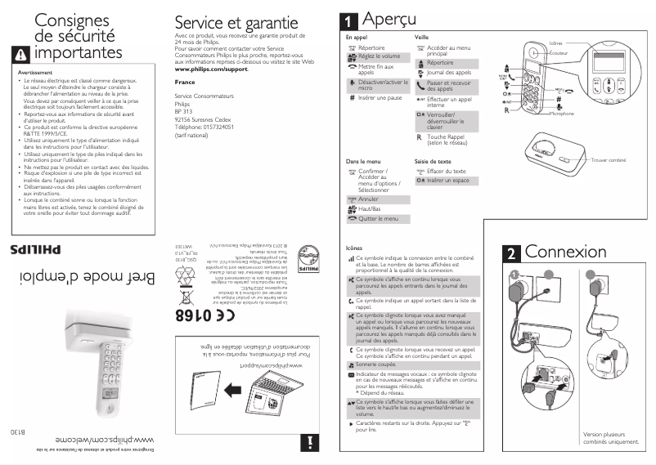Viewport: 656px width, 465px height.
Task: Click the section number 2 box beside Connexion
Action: (510, 253)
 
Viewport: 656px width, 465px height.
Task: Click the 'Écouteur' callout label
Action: (559, 53)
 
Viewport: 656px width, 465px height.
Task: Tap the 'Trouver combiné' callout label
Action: (608, 160)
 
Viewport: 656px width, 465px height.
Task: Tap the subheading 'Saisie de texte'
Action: (434, 161)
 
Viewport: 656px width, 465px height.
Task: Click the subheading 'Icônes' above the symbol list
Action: (354, 248)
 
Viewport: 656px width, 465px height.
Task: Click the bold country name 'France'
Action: (185, 83)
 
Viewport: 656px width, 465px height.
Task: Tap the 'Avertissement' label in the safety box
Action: (35, 73)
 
